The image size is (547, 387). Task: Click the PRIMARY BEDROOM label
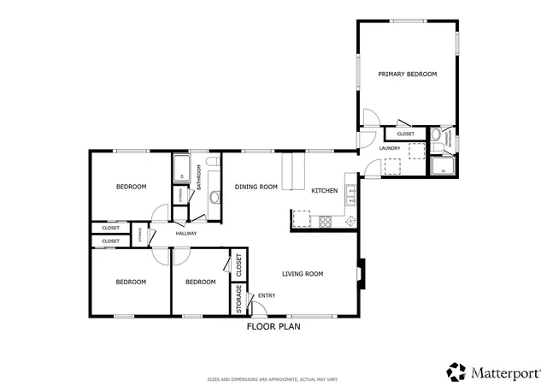(408, 74)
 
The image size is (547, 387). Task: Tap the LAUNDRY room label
(390, 149)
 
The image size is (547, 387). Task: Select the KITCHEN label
(324, 190)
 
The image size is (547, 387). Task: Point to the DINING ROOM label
(256, 187)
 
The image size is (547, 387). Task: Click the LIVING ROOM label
(303, 274)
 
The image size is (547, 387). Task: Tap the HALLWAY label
(185, 234)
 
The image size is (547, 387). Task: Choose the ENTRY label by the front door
(267, 296)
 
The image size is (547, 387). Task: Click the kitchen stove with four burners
(326, 221)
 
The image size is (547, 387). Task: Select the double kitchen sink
(350, 205)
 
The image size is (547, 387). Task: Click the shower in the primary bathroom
(444, 165)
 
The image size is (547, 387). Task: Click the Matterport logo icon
(456, 372)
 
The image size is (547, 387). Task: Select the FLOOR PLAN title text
(273, 326)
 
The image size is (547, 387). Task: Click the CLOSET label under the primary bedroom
(405, 134)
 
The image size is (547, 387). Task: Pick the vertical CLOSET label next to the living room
(239, 265)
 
